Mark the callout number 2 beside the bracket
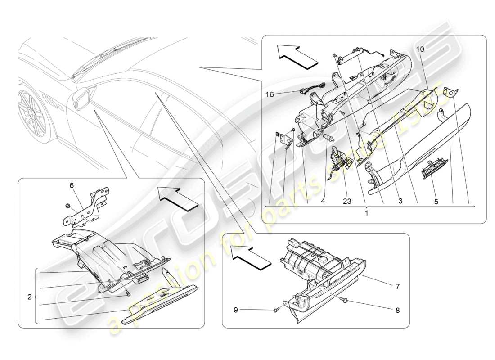pos(29,297)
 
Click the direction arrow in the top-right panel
pos(297,56)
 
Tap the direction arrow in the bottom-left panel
pos(177,198)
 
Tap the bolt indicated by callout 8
pos(344,300)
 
